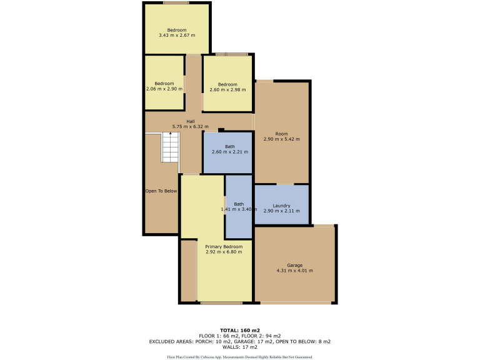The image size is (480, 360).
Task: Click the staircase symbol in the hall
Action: click(x=171, y=147)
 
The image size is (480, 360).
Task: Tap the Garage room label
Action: click(x=294, y=265)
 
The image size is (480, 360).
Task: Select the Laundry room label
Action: click(x=281, y=206)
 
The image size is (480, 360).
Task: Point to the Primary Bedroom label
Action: click(x=223, y=246)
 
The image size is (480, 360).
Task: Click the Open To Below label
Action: click(x=161, y=191)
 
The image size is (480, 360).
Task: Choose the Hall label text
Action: click(x=190, y=121)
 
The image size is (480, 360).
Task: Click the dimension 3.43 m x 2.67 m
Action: click(x=177, y=35)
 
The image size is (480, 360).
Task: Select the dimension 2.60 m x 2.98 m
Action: click(x=227, y=90)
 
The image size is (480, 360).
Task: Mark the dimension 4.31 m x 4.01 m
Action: click(x=294, y=271)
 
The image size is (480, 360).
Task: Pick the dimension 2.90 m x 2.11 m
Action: click(x=281, y=212)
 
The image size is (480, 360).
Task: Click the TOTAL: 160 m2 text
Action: click(x=240, y=329)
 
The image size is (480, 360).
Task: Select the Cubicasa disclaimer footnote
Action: click(x=240, y=356)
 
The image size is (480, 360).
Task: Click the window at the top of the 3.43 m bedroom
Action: click(x=177, y=2)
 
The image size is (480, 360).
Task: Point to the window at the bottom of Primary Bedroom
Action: click(x=221, y=303)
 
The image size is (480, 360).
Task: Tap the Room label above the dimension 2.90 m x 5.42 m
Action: click(x=281, y=133)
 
